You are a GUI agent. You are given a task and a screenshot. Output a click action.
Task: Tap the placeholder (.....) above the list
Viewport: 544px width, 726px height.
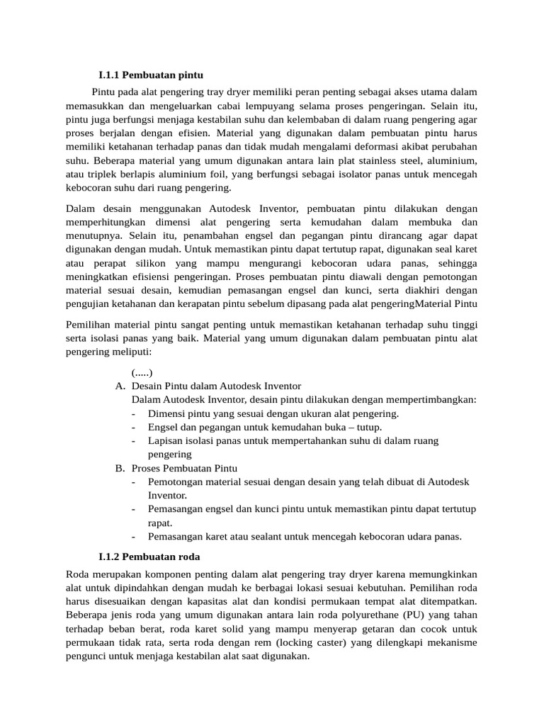click(x=142, y=372)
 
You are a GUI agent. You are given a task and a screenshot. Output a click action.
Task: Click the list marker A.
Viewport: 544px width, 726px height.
click(x=120, y=386)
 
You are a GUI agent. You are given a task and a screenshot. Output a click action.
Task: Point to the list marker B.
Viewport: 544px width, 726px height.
click(x=120, y=469)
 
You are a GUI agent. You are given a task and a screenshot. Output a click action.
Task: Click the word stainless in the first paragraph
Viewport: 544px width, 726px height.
click(x=389, y=160)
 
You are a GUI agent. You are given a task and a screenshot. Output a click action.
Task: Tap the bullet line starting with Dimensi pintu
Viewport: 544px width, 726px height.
click(x=273, y=413)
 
